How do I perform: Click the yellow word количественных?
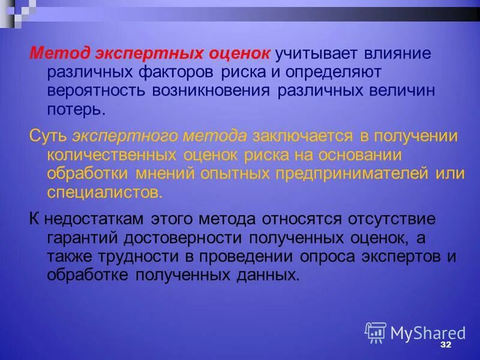[x=110, y=154]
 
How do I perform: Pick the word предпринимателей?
[x=355, y=173]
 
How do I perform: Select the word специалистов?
[x=104, y=193]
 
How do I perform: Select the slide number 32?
[x=445, y=346]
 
